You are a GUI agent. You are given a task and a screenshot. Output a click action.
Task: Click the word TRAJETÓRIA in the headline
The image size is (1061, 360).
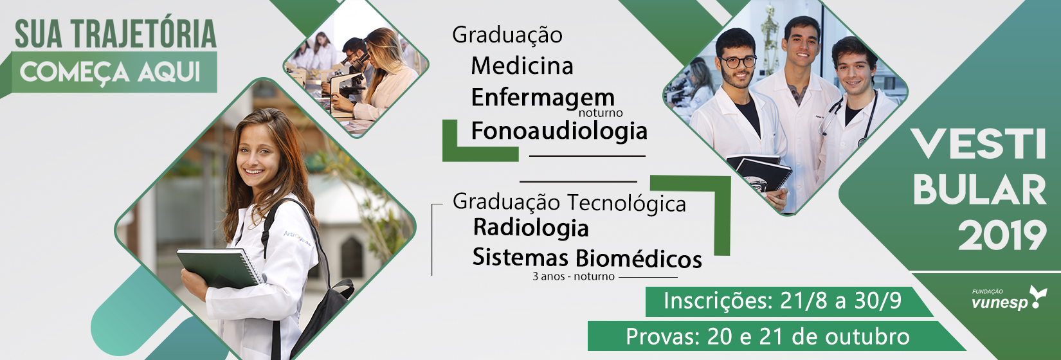click(144, 34)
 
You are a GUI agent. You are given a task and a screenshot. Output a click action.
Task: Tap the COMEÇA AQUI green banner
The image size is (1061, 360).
click(114, 72)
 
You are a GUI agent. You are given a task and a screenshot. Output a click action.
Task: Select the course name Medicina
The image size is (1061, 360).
click(522, 66)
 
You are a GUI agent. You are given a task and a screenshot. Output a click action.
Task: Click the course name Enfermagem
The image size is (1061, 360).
click(543, 98)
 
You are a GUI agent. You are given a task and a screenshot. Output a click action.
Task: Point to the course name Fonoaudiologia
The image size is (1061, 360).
click(559, 130)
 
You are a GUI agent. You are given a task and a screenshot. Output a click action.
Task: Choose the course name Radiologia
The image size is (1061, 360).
click(530, 228)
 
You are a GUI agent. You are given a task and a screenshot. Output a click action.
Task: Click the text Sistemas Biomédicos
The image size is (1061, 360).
click(587, 258)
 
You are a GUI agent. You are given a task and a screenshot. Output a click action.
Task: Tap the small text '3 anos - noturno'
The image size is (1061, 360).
click(573, 276)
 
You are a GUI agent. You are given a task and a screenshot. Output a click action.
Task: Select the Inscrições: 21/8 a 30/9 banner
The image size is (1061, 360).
click(789, 301)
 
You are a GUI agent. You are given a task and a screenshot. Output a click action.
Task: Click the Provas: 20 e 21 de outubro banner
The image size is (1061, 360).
click(777, 336)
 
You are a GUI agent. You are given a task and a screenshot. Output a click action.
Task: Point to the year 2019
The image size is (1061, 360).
click(1002, 235)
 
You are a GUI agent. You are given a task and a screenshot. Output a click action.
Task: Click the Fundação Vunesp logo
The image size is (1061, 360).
click(1009, 298)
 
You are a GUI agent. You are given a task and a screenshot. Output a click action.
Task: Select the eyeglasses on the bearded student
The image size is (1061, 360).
click(738, 62)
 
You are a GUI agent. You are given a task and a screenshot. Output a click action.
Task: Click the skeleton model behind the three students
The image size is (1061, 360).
click(770, 38)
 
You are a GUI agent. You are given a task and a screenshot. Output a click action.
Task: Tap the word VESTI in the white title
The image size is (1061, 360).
click(979, 145)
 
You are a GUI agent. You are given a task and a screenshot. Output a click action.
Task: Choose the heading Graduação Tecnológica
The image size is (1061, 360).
click(569, 203)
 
